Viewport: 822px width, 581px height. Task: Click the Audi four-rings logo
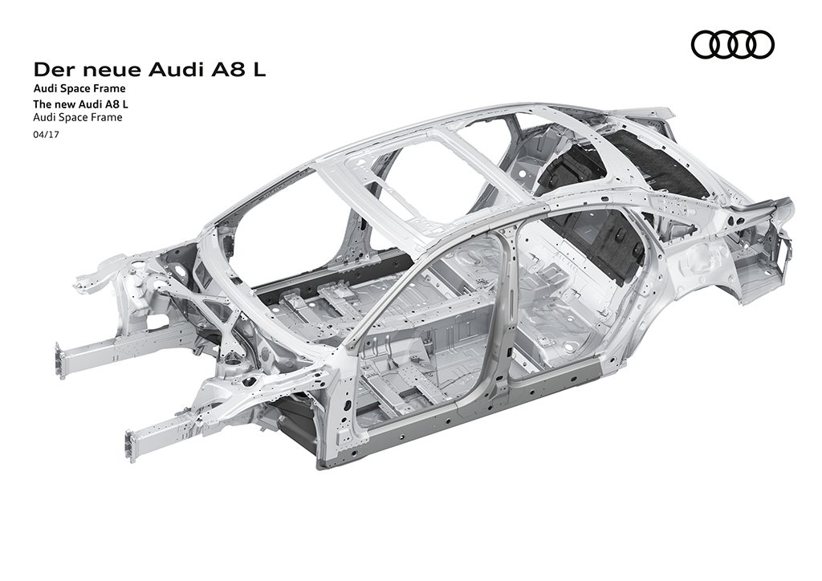(732, 44)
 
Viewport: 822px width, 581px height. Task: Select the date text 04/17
(46, 134)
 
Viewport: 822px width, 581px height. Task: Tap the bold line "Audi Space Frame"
(79, 88)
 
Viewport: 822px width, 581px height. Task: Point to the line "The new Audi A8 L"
(81, 104)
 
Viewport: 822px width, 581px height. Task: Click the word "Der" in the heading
(52, 70)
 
